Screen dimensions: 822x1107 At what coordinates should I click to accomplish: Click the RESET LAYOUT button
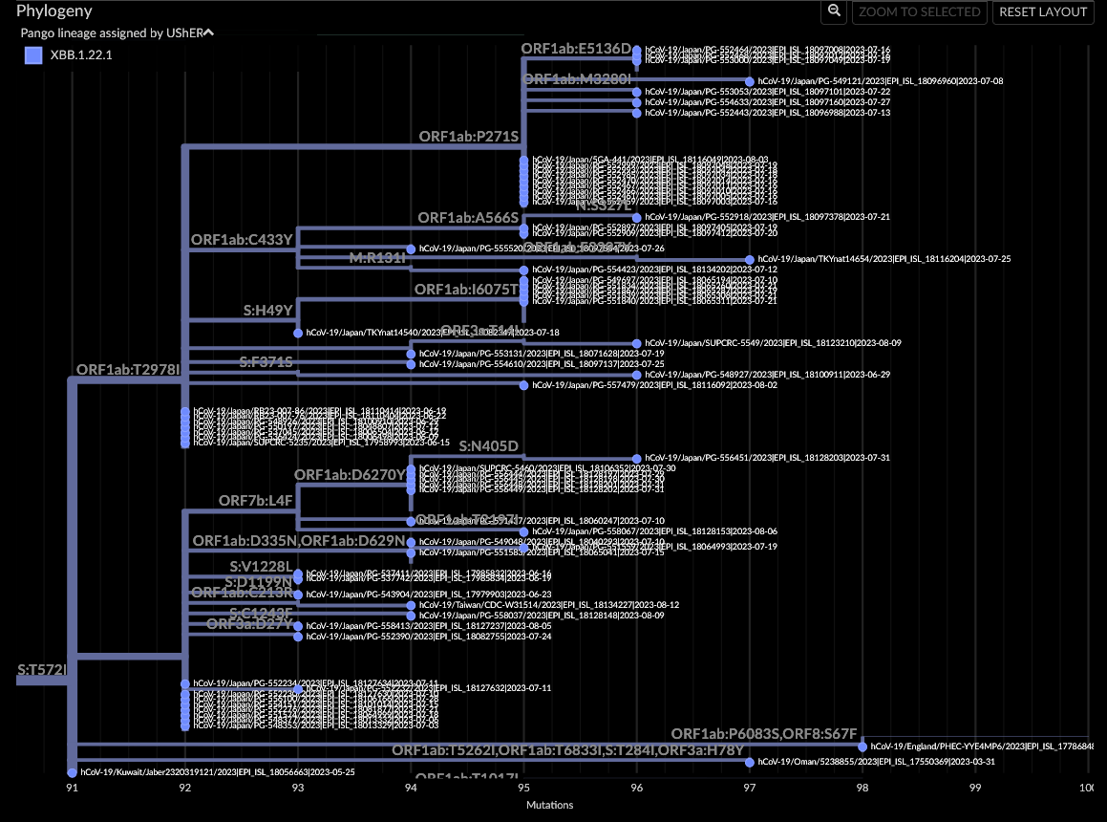pos(1043,11)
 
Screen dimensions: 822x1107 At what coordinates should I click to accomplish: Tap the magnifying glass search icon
pos(834,11)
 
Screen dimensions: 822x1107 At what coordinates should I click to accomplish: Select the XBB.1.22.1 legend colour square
pos(33,55)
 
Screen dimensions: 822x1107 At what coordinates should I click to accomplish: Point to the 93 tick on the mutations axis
pos(298,788)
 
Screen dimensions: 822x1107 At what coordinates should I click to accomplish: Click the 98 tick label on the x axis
pos(862,788)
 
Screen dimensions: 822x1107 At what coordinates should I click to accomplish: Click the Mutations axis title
pos(550,805)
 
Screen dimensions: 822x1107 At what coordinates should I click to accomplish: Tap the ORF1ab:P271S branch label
pos(468,137)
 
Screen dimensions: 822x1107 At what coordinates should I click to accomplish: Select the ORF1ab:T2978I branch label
pos(128,369)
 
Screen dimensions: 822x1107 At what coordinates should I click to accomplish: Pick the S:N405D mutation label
pos(488,446)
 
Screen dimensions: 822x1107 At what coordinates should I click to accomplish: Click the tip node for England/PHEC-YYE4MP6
pos(862,746)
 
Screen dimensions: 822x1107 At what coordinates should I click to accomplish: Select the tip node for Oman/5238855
pos(750,762)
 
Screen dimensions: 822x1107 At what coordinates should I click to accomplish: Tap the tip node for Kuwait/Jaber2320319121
pos(72,771)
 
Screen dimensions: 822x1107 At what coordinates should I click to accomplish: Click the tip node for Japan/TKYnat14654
pos(750,259)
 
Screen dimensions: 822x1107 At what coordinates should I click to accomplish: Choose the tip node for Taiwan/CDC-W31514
pos(411,605)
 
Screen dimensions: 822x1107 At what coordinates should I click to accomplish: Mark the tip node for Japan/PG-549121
pos(750,81)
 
